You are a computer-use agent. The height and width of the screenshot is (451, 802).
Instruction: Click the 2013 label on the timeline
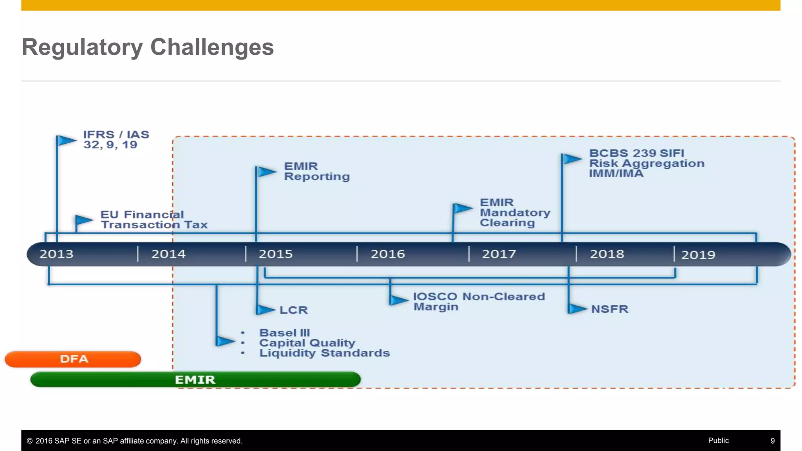point(56,254)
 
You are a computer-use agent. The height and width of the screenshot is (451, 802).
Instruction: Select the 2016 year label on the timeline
point(388,254)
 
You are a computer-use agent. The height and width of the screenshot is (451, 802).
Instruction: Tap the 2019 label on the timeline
point(698,255)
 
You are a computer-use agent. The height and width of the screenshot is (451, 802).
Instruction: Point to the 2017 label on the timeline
point(499,254)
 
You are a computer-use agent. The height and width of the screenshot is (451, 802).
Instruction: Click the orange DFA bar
point(73,359)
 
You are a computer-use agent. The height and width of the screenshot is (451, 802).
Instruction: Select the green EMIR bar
point(195,379)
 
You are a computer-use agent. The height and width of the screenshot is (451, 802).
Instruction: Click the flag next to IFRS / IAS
point(66,140)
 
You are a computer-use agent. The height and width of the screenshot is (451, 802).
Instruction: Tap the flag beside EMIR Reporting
point(266,171)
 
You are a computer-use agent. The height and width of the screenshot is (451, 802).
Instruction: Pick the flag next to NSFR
point(577,308)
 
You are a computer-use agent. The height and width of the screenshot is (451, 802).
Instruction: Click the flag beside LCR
point(266,310)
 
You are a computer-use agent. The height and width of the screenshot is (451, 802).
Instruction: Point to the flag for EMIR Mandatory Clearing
point(462,208)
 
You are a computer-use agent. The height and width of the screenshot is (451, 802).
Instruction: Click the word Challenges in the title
point(212,47)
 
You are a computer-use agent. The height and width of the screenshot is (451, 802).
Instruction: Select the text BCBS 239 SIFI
point(636,153)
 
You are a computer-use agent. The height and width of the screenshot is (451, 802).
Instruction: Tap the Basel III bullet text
point(284,333)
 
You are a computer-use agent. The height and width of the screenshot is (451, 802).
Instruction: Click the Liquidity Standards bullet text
point(324,353)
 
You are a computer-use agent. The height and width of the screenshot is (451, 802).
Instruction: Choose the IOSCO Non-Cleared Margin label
point(479,301)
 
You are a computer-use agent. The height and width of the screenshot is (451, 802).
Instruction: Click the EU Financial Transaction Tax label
point(154,220)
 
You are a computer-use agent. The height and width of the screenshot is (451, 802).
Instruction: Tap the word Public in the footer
point(718,440)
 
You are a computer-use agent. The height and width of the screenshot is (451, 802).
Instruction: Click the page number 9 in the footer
point(772,441)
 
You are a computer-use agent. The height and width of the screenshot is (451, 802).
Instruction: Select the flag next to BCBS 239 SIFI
point(572,159)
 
